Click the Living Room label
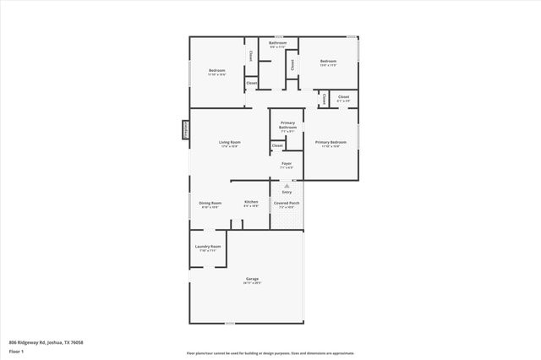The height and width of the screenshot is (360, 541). click(225, 143)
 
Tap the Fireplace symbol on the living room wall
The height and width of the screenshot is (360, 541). click(185, 129)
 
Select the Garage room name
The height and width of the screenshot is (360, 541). click(252, 278)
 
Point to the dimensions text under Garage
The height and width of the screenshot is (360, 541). click(252, 283)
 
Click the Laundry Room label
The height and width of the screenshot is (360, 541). click(208, 247)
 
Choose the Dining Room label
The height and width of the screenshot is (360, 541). click(210, 202)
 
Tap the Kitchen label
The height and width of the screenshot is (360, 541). click(251, 202)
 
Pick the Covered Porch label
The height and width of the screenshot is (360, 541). click(287, 202)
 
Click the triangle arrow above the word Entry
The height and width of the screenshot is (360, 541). click(287, 187)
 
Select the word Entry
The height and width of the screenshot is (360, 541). click(287, 193)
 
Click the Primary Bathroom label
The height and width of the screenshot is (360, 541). click(287, 124)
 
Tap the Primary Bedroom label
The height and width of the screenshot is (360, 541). click(331, 142)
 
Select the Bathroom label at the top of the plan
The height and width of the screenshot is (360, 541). click(278, 42)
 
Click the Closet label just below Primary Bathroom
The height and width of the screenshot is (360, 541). click(277, 145)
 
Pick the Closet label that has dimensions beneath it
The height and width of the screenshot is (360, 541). click(343, 97)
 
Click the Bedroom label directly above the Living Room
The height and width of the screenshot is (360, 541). click(216, 71)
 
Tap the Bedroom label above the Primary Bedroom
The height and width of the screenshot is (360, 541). click(328, 61)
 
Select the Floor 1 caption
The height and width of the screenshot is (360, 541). click(17, 350)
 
